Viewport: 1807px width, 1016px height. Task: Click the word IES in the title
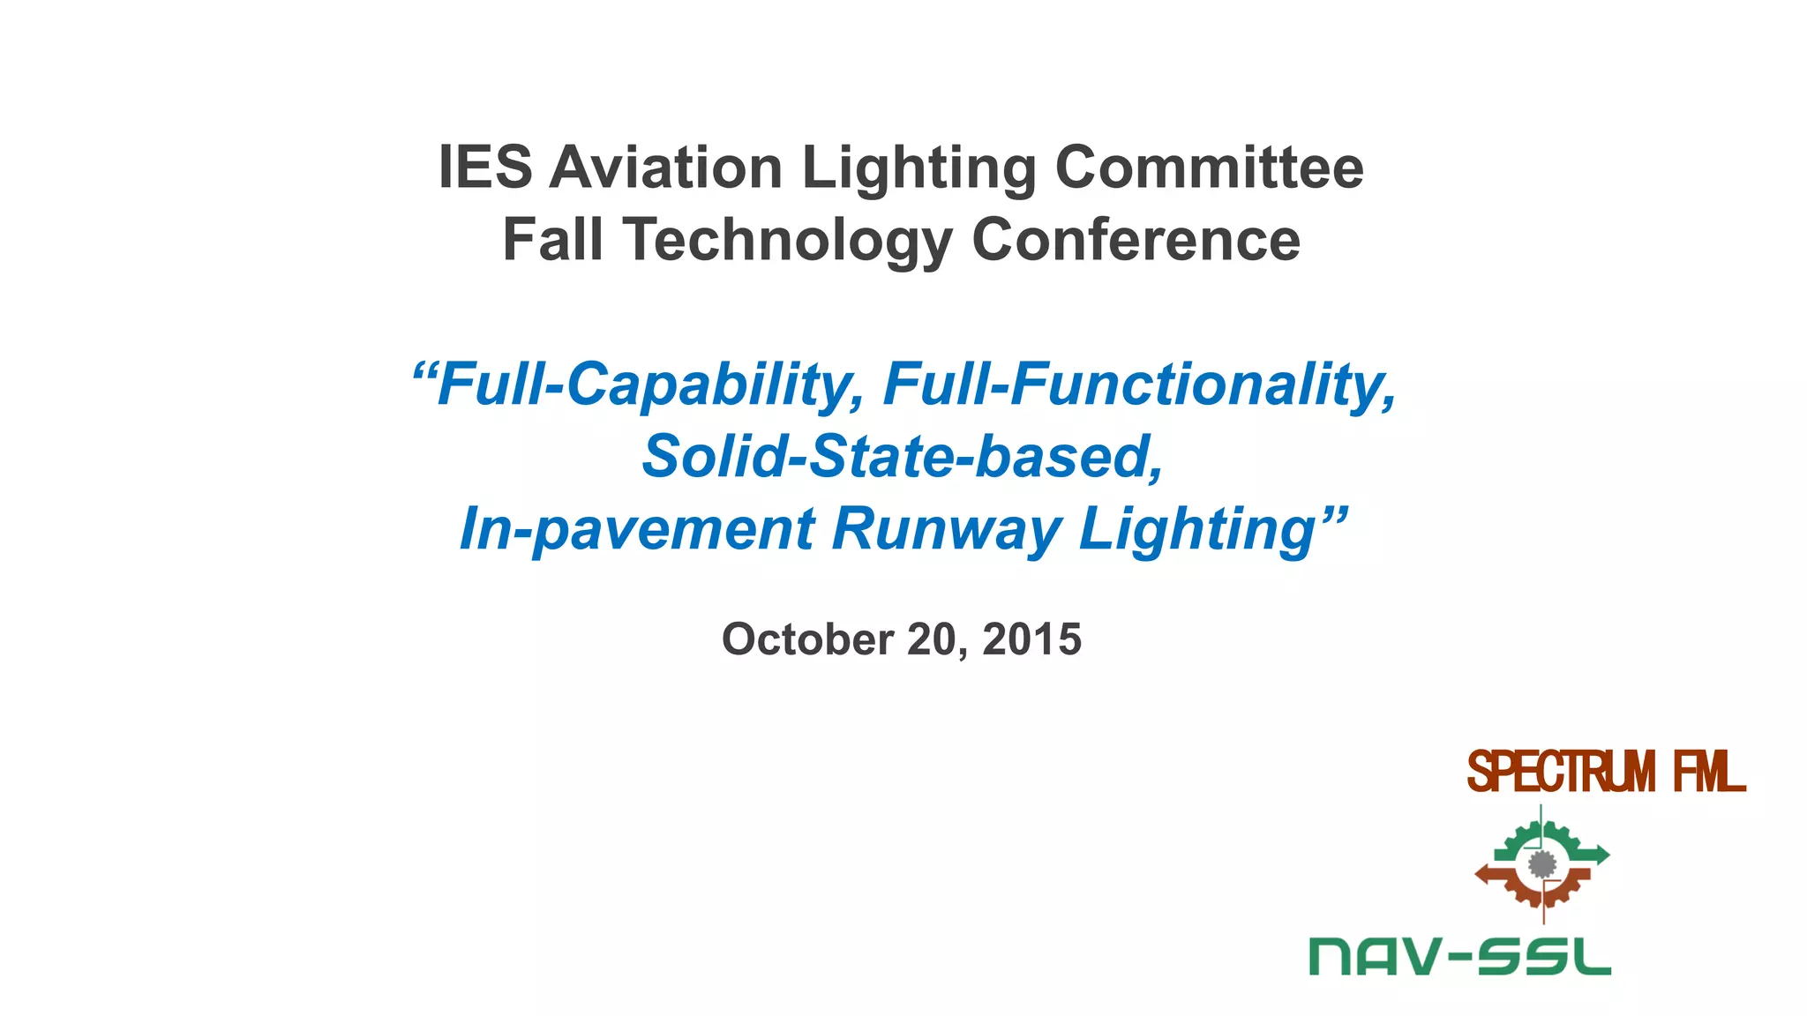coord(485,168)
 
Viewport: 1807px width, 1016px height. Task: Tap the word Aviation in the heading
coord(665,168)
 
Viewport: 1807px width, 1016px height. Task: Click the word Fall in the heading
coord(552,240)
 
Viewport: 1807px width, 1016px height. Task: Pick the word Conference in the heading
coord(1136,240)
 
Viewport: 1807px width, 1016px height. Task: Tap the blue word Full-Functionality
coord(1140,385)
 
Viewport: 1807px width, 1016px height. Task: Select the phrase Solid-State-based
coord(902,457)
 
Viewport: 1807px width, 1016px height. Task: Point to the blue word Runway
coord(946,529)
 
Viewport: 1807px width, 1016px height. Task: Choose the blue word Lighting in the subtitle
coord(1200,529)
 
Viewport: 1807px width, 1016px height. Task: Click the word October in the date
coord(807,639)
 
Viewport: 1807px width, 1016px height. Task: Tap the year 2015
coord(1031,639)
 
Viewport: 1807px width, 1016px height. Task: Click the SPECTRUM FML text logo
coord(1606,773)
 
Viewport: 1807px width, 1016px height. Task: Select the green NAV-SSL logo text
coord(1460,957)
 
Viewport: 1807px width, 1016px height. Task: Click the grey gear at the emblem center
coord(1541,864)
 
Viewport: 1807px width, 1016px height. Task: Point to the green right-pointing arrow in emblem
coord(1595,854)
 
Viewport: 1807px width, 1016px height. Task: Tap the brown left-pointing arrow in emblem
coord(1489,875)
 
